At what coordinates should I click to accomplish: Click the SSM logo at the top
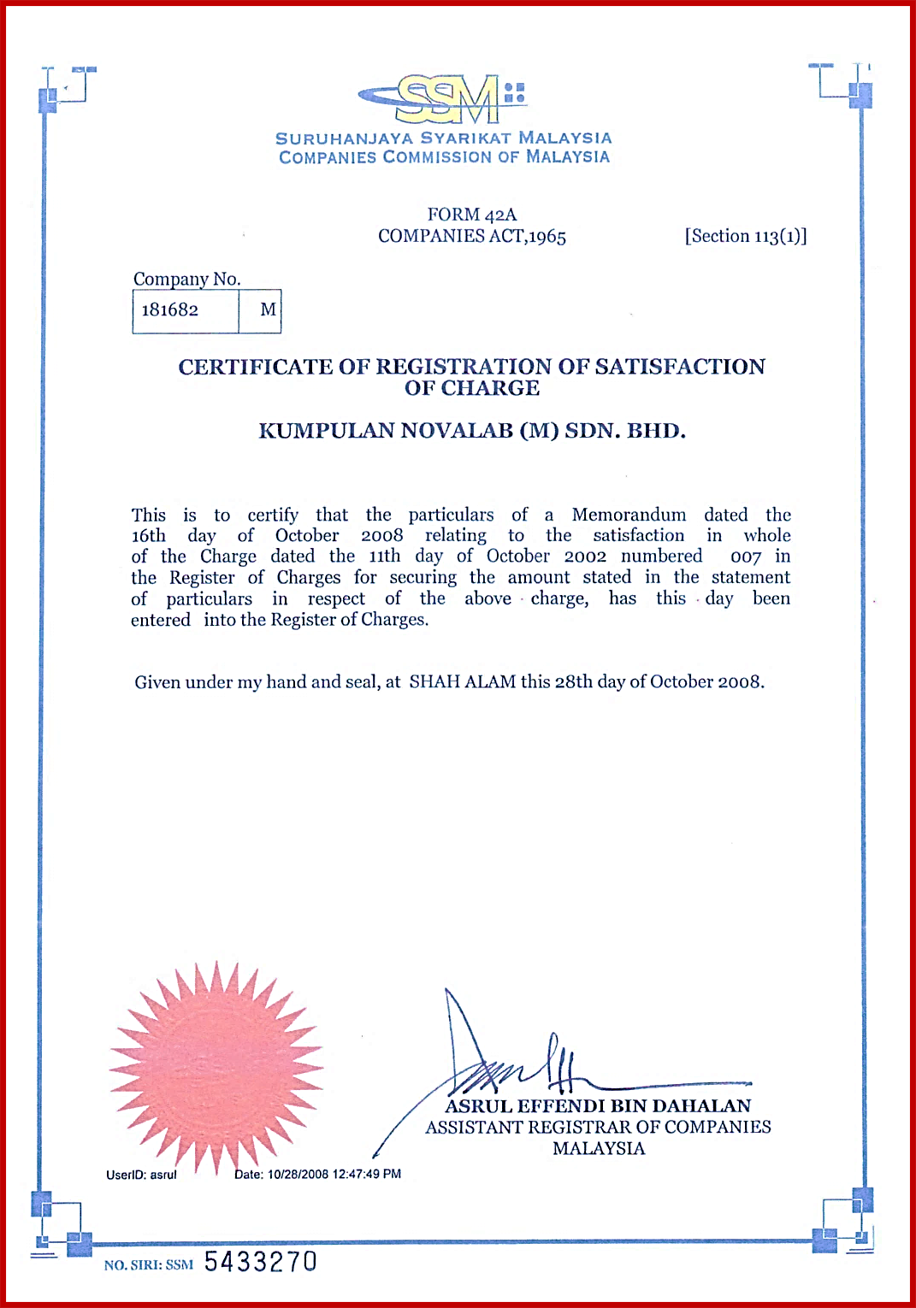[443, 99]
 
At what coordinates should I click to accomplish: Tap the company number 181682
[170, 310]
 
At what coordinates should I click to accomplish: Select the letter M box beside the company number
[268, 310]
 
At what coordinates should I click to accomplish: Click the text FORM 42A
[472, 215]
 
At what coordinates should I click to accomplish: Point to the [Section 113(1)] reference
[746, 236]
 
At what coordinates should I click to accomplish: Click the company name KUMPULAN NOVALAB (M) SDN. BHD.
[472, 431]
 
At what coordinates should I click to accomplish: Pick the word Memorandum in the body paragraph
[629, 515]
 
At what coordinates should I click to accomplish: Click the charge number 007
[745, 557]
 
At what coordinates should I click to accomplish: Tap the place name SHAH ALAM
[462, 682]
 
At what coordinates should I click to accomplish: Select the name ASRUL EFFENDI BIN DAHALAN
[598, 1106]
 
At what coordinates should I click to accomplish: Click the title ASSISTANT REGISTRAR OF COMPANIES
[598, 1128]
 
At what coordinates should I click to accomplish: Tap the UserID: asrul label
[141, 1175]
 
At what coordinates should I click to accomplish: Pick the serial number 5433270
[260, 1262]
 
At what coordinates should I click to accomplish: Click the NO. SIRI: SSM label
[149, 1265]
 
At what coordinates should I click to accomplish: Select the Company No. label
[187, 280]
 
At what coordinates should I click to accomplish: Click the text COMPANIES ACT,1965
[472, 237]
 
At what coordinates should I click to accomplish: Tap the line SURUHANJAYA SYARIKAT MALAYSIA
[443, 138]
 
